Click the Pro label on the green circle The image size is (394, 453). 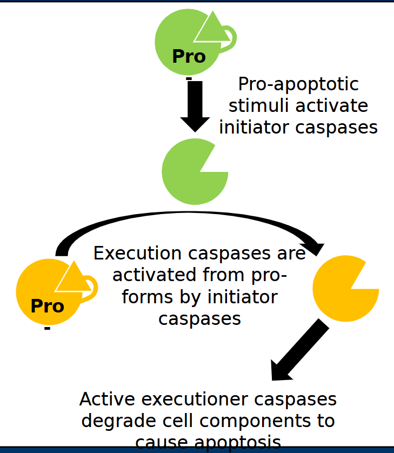[x=189, y=56]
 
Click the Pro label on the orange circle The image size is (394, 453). [x=47, y=306]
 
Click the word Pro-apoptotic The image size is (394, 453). [x=298, y=84]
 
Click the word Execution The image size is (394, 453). [x=138, y=254]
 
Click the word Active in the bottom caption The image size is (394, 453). [x=105, y=399]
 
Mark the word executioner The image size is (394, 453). [x=192, y=399]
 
